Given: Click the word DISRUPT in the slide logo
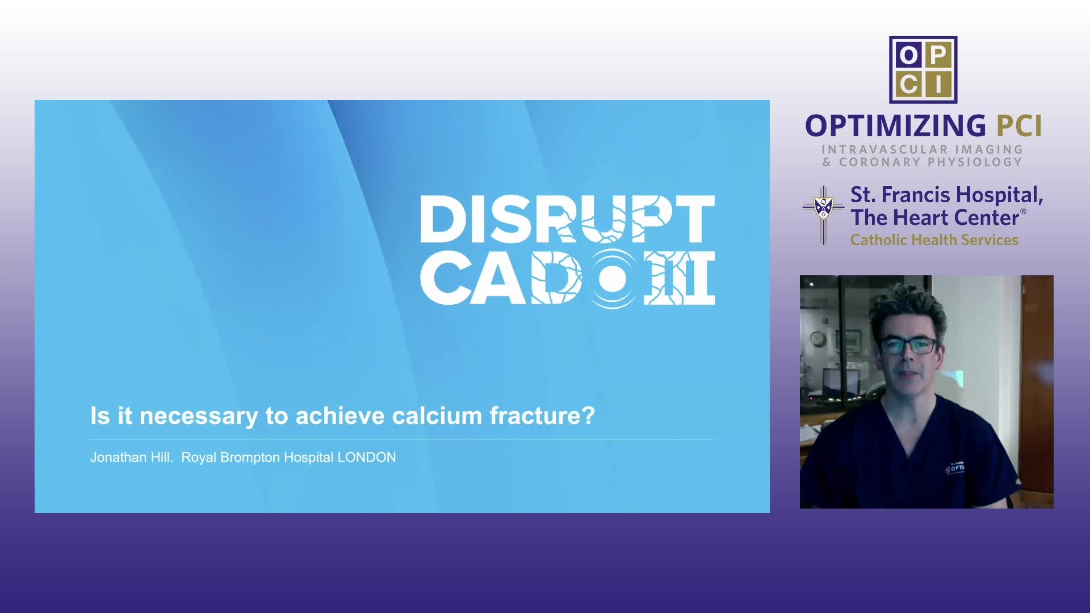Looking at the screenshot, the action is point(567,219).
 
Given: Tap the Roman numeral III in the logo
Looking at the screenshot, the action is point(680,279).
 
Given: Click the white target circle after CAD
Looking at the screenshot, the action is point(613,279).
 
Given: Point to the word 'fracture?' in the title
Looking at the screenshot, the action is point(542,415).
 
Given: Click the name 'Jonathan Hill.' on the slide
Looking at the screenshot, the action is point(132,457).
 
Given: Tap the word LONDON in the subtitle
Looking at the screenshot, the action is point(367,457).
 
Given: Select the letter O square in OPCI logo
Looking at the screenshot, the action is point(908,55).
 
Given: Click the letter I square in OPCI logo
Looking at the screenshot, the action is point(938,85).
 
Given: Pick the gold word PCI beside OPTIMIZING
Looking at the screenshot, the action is point(1019,125).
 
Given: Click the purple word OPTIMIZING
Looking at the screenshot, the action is point(896,125).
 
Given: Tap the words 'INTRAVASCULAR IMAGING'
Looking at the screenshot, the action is point(923,149).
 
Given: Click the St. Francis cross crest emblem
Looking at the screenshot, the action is point(824,215).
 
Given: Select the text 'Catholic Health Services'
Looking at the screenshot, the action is point(934,240).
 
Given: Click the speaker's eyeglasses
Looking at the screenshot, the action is point(908,346).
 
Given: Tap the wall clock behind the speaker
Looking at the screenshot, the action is point(817,338).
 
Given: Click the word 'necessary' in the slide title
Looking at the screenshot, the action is point(199,417).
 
